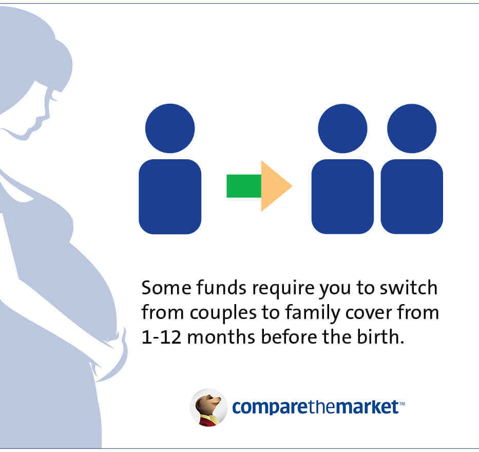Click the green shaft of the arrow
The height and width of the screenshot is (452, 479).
point(244,186)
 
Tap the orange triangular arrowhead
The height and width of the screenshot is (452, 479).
point(274,186)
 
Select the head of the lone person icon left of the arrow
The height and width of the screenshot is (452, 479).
point(170,128)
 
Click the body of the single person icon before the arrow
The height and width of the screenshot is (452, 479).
point(170,197)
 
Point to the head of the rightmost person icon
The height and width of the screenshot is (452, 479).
point(412,128)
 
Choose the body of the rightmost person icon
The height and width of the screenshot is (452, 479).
point(412,197)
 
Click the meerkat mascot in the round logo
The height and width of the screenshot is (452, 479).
point(209,407)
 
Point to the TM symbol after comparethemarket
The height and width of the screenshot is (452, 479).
point(401,404)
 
